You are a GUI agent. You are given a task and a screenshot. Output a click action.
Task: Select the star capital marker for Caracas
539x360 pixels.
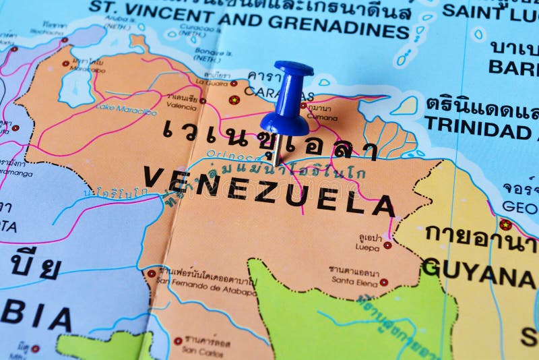pos(234,100)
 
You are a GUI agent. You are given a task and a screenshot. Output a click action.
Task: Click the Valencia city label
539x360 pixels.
pos(181,107)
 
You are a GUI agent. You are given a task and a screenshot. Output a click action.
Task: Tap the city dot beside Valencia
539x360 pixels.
pos(202,100)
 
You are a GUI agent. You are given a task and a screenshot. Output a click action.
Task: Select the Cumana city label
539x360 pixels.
pos(319,117)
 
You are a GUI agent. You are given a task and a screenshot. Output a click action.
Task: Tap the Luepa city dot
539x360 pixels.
pos(387,245)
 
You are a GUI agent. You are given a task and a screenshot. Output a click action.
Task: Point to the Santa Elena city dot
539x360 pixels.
pos(383,282)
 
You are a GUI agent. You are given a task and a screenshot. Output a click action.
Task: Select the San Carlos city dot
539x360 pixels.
pos(178,341)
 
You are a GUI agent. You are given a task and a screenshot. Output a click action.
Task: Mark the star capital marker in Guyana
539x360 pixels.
pos(505,224)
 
